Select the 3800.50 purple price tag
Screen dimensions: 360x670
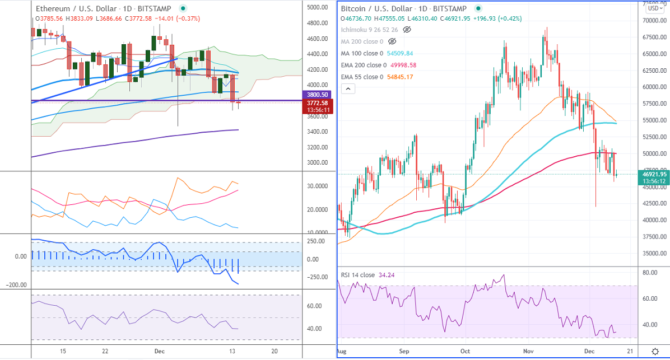pyautogui.click(x=317, y=95)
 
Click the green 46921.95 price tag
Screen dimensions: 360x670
pyautogui.click(x=653, y=174)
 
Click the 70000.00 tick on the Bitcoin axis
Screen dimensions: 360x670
pyautogui.click(x=653, y=21)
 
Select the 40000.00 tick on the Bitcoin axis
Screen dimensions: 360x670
pyautogui.click(x=653, y=220)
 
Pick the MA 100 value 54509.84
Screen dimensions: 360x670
pyautogui.click(x=401, y=53)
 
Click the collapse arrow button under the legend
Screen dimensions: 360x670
pyautogui.click(x=348, y=88)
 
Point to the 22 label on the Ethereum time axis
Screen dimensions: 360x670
pyautogui.click(x=105, y=352)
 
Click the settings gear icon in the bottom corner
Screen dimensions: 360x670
pyautogui.click(x=655, y=351)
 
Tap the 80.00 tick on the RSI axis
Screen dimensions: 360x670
pyautogui.click(x=650, y=273)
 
